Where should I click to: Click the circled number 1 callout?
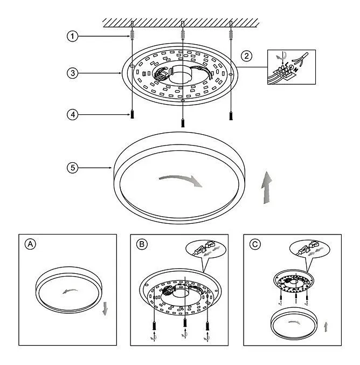[x=72, y=36]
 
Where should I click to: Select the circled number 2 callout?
[x=246, y=56]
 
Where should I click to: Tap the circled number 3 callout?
[x=72, y=73]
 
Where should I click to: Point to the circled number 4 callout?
[x=72, y=115]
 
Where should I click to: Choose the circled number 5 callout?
[x=72, y=168]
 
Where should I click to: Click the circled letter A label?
[x=31, y=244]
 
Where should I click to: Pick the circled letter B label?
[x=142, y=244]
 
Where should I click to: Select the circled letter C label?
[x=255, y=244]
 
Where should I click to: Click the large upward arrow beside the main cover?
[x=267, y=188]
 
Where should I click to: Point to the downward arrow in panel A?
[x=105, y=309]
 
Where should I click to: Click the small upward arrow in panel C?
[x=326, y=327]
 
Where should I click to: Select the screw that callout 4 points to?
[x=132, y=114]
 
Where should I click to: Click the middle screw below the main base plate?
[x=183, y=123]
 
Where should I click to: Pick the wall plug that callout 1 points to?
[x=133, y=34]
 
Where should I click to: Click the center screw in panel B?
[x=185, y=322]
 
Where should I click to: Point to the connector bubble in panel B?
[x=206, y=250]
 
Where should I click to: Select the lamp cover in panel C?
[x=294, y=323]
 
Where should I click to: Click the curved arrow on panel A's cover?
[x=70, y=291]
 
